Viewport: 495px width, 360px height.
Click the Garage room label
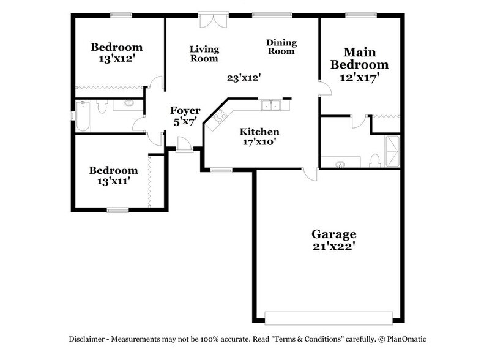pyautogui.click(x=333, y=234)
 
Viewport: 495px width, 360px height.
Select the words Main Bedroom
pyautogui.click(x=359, y=58)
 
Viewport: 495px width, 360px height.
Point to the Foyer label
pyautogui.click(x=185, y=110)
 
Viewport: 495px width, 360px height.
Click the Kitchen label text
pyautogui.click(x=259, y=132)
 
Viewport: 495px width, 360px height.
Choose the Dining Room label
pyautogui.click(x=281, y=47)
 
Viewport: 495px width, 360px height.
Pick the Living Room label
pyautogui.click(x=204, y=54)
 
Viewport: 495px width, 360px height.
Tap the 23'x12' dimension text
pyautogui.click(x=244, y=78)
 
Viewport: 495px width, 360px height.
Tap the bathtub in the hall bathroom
pyautogui.click(x=83, y=116)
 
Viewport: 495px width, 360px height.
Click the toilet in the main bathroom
pyautogui.click(x=374, y=160)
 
